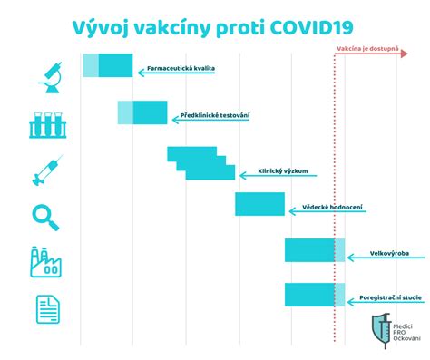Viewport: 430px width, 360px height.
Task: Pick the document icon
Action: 47,309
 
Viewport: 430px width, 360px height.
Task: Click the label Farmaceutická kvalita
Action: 181,69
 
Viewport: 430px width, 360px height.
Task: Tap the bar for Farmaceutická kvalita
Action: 107,65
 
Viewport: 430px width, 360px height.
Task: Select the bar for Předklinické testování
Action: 137,112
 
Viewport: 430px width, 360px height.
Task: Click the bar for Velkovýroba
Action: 314,250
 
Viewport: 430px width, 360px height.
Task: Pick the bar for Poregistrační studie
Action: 314,295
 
